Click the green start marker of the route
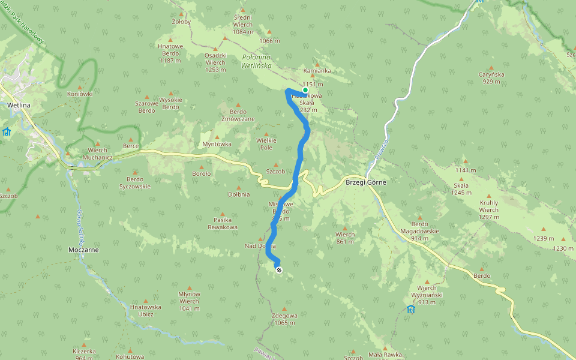[x=305, y=90]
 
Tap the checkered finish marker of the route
[x=278, y=270]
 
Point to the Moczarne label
[x=83, y=249]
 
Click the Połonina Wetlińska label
[x=257, y=61]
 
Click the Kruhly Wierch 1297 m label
[x=489, y=206]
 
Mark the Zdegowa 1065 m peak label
[x=284, y=319]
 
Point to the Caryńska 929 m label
[x=491, y=78]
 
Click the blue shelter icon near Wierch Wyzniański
[x=410, y=310]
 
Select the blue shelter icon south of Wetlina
[x=6, y=131]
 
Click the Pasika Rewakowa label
[x=223, y=224]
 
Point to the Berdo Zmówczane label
[x=238, y=115]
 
